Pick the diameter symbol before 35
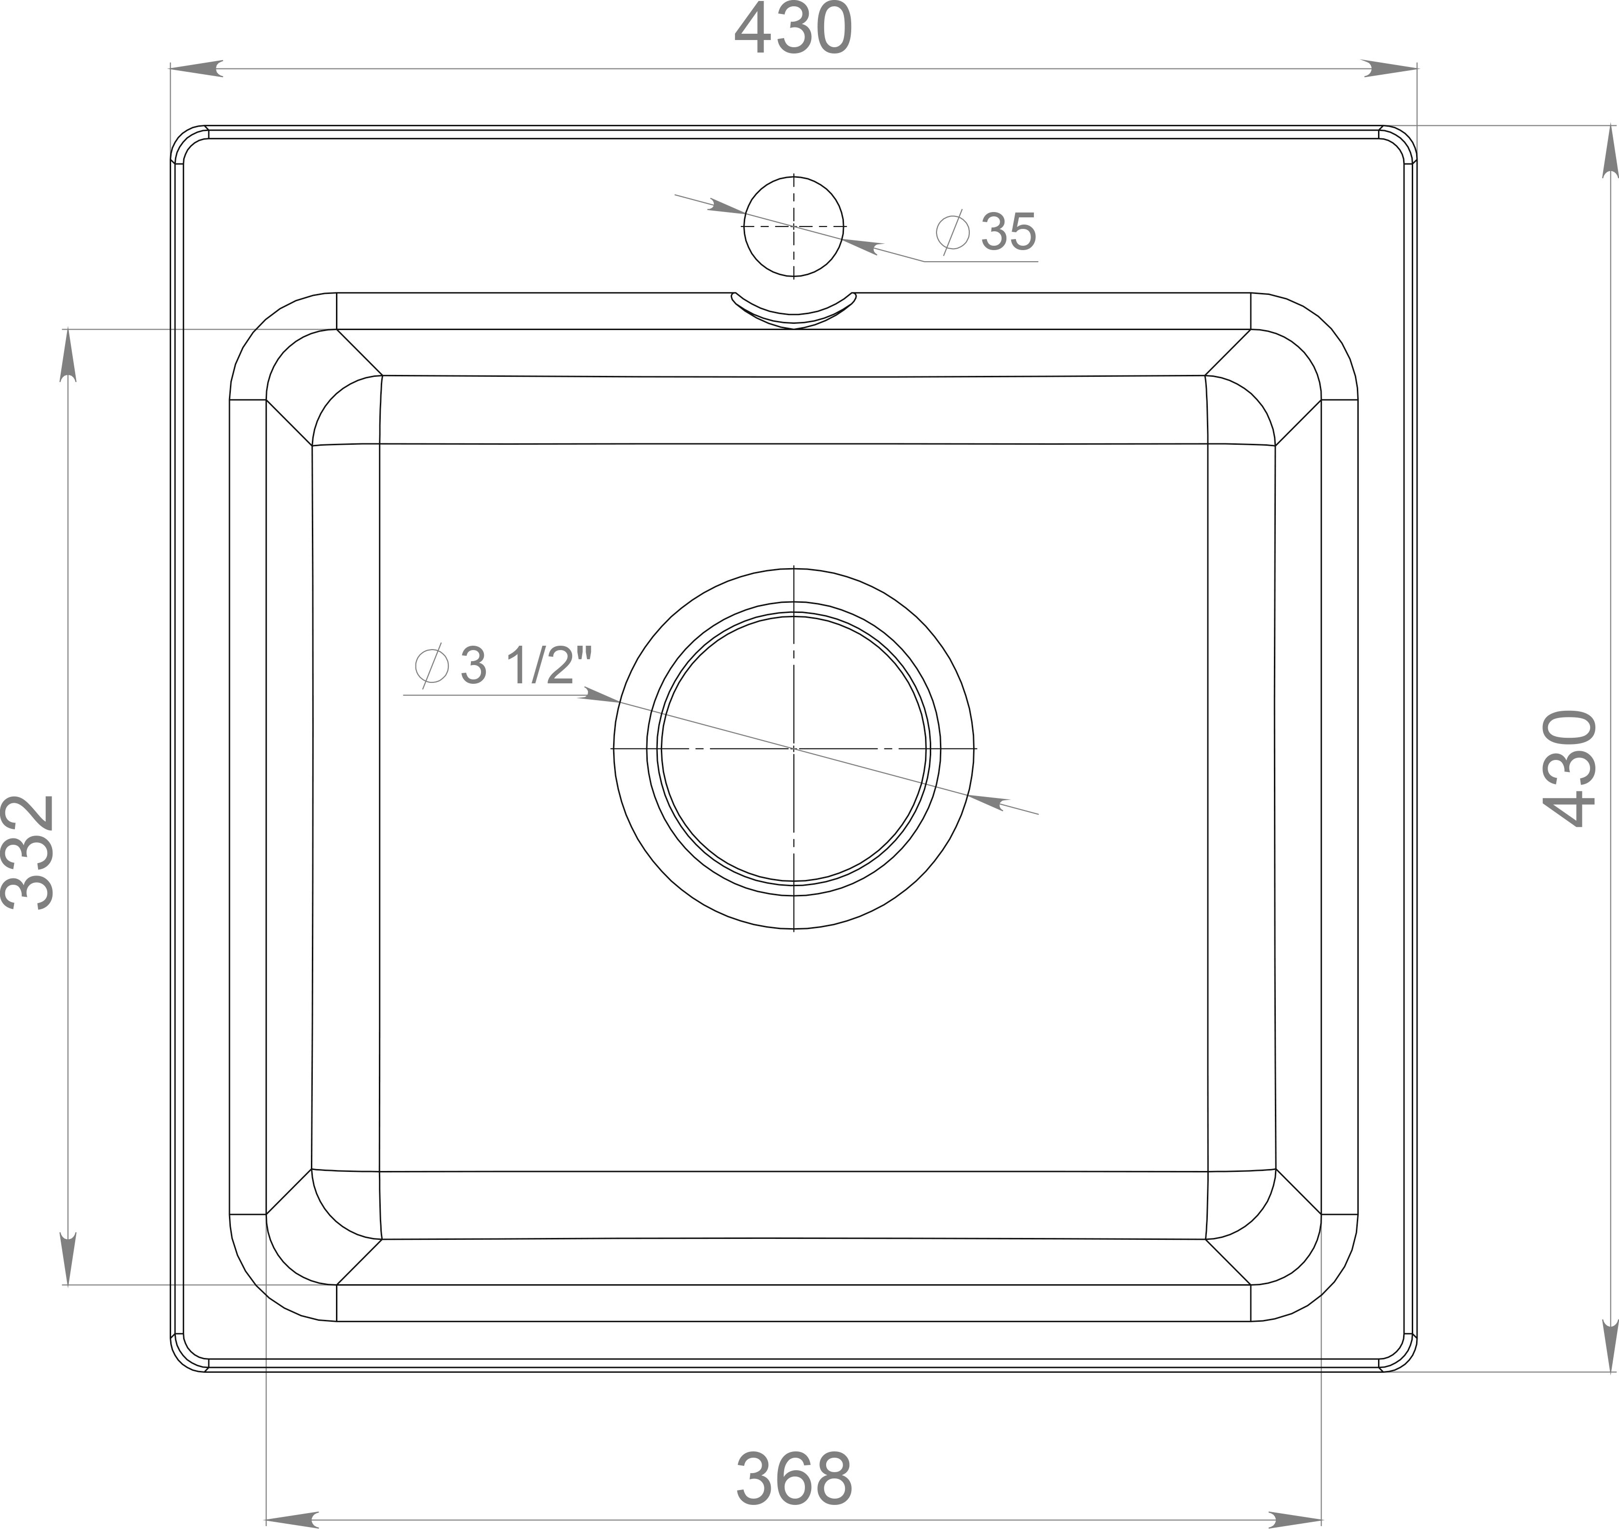[x=952, y=231]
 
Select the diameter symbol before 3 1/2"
[x=432, y=666]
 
